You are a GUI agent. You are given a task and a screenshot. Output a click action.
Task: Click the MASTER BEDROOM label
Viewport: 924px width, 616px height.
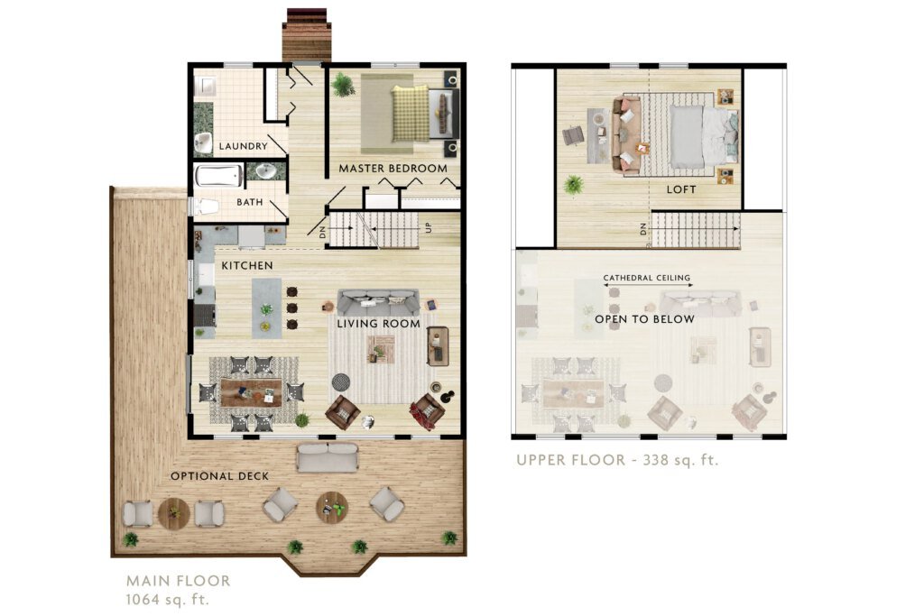click(393, 169)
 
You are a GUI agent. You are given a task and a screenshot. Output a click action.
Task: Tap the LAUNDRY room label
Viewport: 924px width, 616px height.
click(243, 146)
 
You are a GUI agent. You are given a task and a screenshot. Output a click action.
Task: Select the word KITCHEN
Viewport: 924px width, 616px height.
click(247, 265)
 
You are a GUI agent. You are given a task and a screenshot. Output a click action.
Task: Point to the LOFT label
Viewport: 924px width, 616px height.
click(680, 189)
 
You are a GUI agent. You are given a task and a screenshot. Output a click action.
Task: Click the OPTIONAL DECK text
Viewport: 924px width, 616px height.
click(220, 476)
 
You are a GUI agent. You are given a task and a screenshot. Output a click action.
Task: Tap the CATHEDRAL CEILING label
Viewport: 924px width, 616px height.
click(646, 278)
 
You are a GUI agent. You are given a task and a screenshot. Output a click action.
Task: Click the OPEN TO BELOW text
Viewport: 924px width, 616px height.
click(644, 318)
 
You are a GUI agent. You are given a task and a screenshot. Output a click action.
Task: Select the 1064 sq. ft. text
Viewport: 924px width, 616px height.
click(168, 600)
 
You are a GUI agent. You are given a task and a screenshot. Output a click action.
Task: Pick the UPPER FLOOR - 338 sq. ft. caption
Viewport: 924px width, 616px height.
click(617, 460)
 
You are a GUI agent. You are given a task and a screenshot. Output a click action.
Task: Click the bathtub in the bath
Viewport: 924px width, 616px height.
click(218, 176)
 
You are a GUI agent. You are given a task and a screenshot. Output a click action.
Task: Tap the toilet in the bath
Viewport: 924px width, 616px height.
click(204, 207)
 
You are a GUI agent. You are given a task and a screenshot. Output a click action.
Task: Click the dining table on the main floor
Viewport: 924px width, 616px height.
click(252, 392)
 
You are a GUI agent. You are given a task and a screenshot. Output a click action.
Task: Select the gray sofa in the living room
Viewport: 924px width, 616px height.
click(378, 302)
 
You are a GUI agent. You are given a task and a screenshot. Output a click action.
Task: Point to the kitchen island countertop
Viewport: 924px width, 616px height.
click(266, 308)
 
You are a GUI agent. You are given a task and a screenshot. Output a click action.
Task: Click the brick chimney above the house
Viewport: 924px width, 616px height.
click(307, 35)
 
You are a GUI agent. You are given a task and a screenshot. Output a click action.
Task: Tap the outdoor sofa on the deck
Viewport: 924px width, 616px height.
click(327, 457)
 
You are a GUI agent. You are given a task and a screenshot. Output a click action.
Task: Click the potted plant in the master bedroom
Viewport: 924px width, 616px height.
click(343, 85)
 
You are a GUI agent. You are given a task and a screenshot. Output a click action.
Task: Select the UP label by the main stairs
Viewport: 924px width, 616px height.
click(429, 227)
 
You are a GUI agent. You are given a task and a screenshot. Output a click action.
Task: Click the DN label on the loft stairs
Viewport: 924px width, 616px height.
click(642, 228)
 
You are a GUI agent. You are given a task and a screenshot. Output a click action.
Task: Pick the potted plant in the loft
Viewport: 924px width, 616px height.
click(573, 185)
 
